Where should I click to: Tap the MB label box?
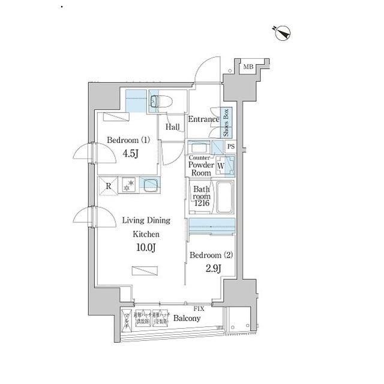point(248,67)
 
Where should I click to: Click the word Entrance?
point(203,119)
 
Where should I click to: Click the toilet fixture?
point(163,102)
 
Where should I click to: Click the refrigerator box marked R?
point(109,186)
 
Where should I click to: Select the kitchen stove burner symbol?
point(127,186)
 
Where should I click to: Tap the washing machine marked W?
point(221,164)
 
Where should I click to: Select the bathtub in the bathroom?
point(224,199)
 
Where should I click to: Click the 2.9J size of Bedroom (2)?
point(214,268)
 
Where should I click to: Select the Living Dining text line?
point(146,221)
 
